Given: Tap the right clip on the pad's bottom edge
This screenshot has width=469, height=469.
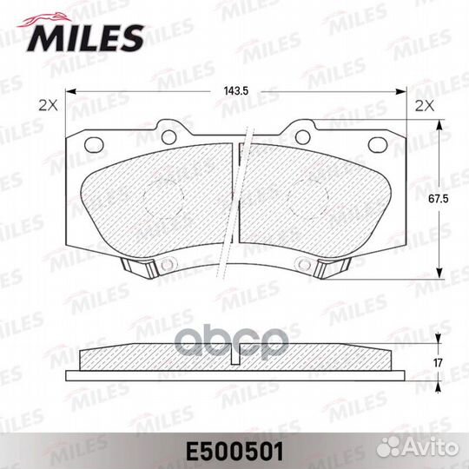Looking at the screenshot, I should point(330,270).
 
